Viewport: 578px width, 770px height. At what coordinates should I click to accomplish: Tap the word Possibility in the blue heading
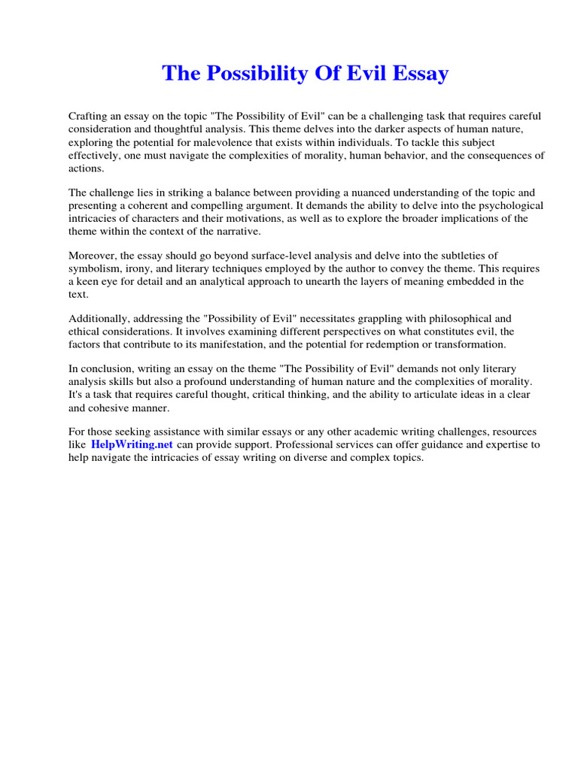click(262, 74)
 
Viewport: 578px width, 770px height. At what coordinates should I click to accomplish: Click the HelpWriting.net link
click(132, 444)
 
